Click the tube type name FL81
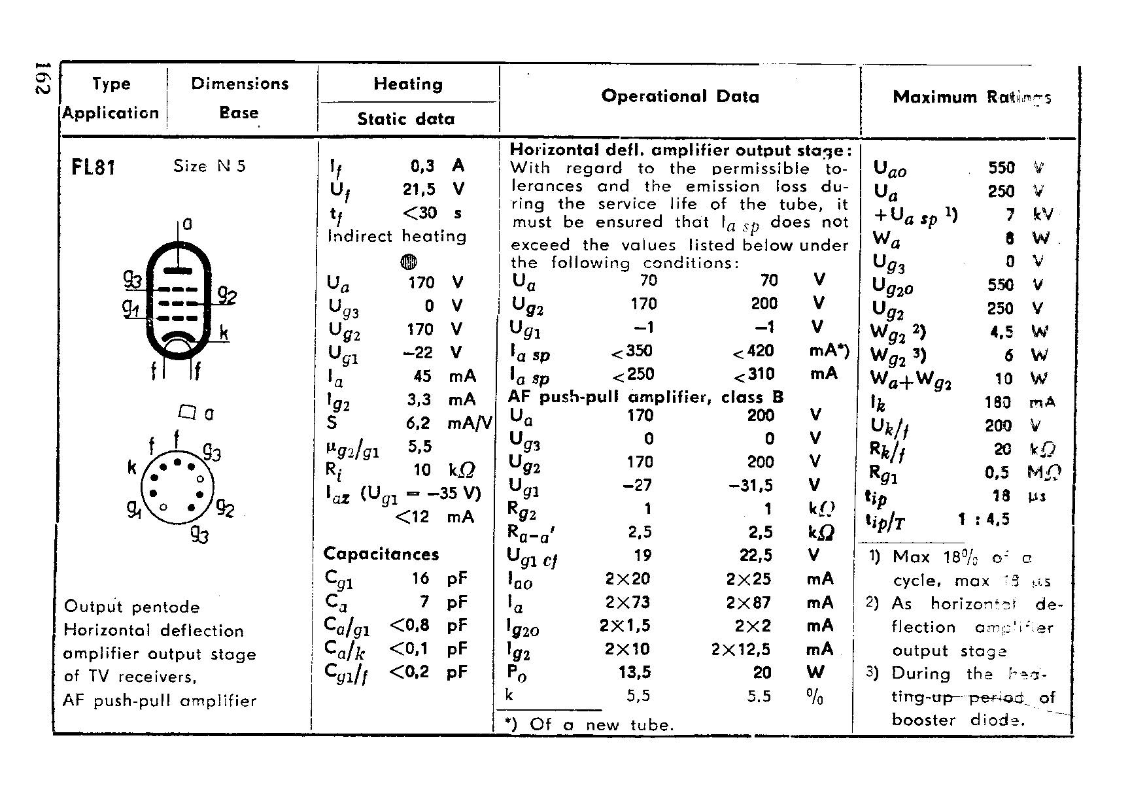tap(94, 167)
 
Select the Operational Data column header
tap(680, 97)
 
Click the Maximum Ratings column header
tap(972, 97)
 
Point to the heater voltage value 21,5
tap(419, 189)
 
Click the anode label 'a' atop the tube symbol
tap(188, 224)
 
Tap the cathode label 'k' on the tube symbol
tap(224, 333)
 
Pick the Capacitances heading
tap(381, 554)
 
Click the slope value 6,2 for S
tap(418, 423)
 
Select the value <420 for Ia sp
tap(753, 352)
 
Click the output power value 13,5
tap(634, 673)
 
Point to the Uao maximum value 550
tap(1001, 168)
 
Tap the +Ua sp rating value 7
tap(1010, 215)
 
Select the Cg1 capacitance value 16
tap(420, 578)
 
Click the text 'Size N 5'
tap(209, 166)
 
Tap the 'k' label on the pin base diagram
tap(132, 467)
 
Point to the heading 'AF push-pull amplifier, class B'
tap(645, 397)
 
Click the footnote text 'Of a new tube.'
tap(601, 724)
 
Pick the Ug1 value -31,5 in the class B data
tap(750, 485)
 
